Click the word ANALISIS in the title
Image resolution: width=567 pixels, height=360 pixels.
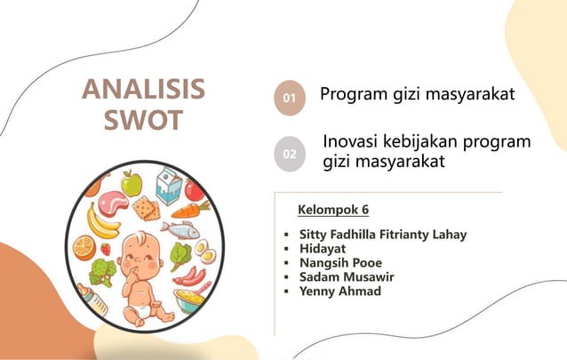(143, 91)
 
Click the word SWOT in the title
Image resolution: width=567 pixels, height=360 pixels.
(143, 120)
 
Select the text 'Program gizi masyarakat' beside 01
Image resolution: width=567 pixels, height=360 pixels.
(417, 94)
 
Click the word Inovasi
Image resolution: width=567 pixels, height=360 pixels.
(355, 142)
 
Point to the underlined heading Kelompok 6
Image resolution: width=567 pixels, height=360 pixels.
(332, 210)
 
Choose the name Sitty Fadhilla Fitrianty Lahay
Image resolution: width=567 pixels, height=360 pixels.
(383, 235)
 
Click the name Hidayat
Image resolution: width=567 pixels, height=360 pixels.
(323, 249)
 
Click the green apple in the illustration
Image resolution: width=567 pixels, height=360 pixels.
(132, 183)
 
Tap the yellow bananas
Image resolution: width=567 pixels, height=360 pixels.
(101, 220)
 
